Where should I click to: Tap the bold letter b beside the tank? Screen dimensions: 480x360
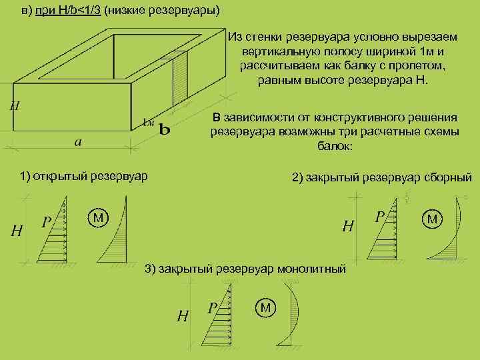(163, 129)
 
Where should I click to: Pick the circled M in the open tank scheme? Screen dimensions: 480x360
(98, 217)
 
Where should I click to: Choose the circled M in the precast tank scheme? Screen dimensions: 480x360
(432, 219)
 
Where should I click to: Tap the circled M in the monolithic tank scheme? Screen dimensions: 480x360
(265, 307)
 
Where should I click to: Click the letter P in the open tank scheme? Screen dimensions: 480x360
(47, 221)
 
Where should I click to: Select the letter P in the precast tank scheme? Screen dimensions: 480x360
(380, 217)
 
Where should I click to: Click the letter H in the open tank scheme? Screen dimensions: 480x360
(18, 231)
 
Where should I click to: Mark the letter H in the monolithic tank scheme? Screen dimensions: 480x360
(182, 315)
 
